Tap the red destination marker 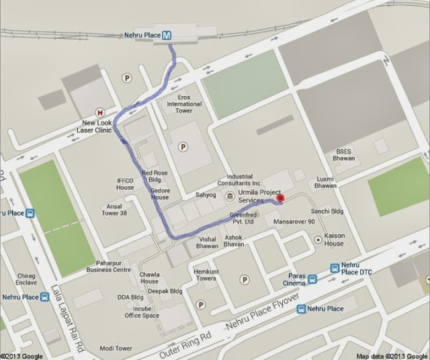point(281,197)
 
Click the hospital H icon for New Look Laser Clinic point(101,113)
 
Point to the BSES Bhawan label point(343,156)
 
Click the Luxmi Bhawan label point(325,182)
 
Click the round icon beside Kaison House point(318,239)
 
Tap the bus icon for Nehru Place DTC point(335,268)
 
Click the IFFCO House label point(126,184)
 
